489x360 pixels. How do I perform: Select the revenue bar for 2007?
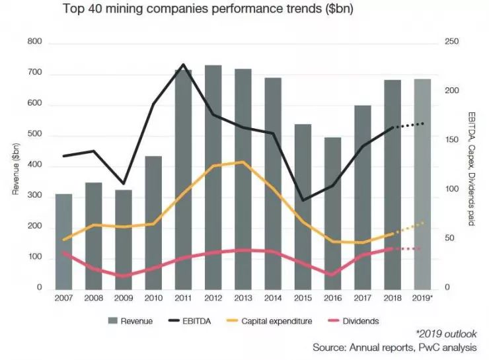[x=63, y=241]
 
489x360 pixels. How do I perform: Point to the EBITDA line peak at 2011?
[x=183, y=65]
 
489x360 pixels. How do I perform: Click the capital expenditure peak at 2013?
[x=243, y=162]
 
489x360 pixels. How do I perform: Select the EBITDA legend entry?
[x=192, y=321]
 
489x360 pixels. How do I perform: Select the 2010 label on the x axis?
[x=153, y=299]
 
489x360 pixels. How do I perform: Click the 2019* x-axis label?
[x=423, y=299]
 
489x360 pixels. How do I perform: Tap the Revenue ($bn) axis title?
[x=15, y=165]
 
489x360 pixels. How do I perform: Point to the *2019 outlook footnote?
[x=446, y=334]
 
